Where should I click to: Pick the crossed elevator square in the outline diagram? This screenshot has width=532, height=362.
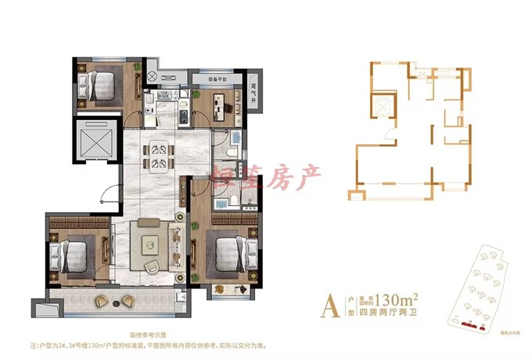coord(384,109)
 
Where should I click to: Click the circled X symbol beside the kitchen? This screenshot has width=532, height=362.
coord(153,76)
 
